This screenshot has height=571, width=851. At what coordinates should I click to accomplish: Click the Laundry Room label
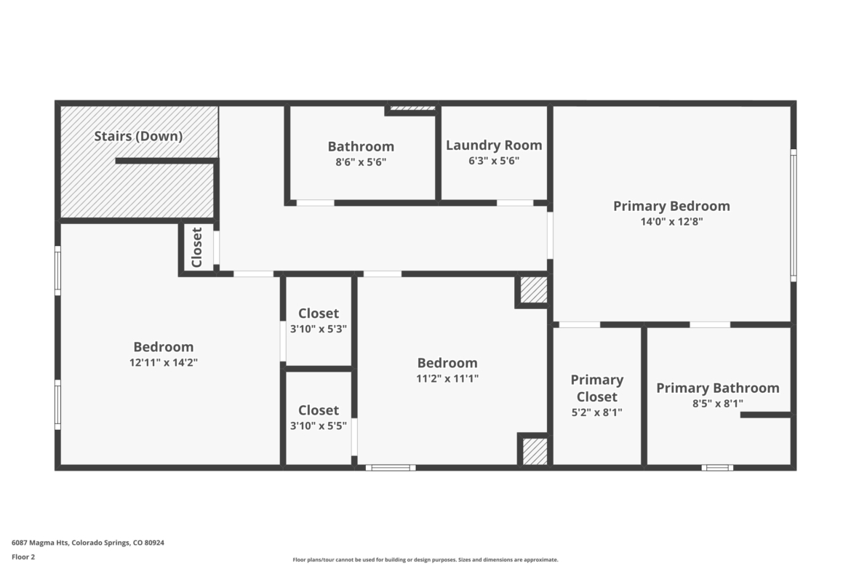pyautogui.click(x=494, y=145)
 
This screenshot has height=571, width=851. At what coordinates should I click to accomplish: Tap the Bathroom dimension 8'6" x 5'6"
pyautogui.click(x=361, y=161)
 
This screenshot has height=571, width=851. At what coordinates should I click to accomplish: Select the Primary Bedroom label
pyautogui.click(x=671, y=207)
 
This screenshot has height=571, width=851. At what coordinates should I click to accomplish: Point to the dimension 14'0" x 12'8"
pyautogui.click(x=672, y=221)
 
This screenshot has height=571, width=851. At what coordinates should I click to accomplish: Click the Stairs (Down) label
pyautogui.click(x=138, y=136)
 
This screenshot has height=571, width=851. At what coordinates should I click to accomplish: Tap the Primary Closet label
pyautogui.click(x=597, y=388)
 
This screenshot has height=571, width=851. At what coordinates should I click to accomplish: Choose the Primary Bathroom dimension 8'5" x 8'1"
pyautogui.click(x=717, y=403)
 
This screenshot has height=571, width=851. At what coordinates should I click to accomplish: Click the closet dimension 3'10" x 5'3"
pyautogui.click(x=319, y=328)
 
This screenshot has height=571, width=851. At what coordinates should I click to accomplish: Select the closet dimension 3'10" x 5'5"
pyautogui.click(x=319, y=426)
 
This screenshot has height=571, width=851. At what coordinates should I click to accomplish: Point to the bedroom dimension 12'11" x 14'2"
pyautogui.click(x=164, y=362)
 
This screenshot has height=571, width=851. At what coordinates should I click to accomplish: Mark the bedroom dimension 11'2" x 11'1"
pyautogui.click(x=447, y=378)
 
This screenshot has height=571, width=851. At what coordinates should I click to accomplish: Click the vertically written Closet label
pyautogui.click(x=196, y=247)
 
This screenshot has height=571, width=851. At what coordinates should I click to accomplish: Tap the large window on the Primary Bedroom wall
pyautogui.click(x=793, y=215)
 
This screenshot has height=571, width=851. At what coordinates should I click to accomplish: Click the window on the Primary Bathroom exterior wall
pyautogui.click(x=717, y=467)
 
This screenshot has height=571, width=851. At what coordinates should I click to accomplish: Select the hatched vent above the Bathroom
pyautogui.click(x=413, y=108)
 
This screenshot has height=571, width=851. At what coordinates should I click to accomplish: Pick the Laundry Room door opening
pyautogui.click(x=515, y=203)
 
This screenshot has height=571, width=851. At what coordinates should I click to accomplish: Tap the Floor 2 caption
pyautogui.click(x=23, y=557)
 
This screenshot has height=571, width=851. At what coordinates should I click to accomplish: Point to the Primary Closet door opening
pyautogui.click(x=580, y=324)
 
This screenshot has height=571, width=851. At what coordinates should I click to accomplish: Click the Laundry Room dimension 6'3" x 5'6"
pyautogui.click(x=494, y=161)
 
